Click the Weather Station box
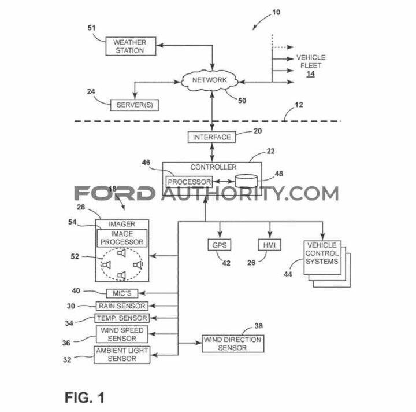[129, 46]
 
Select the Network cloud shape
[209, 80]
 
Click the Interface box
[212, 137]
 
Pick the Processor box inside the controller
[189, 182]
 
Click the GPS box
[218, 245]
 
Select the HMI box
[269, 245]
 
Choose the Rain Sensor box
[121, 306]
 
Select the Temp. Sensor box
[122, 318]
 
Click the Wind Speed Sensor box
[121, 334]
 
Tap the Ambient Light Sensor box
[121, 355]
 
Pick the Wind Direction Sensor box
[232, 343]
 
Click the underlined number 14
[310, 74]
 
